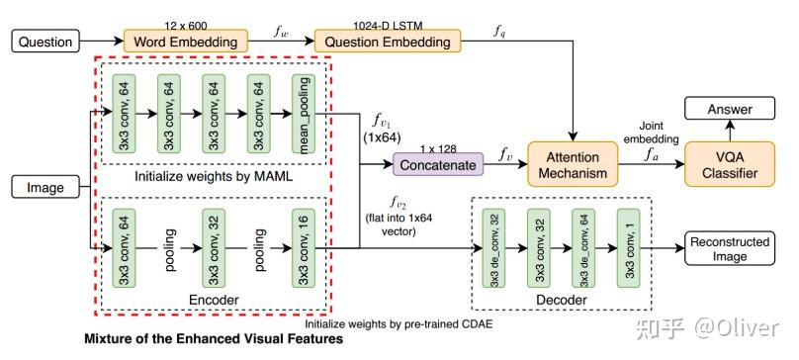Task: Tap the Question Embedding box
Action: tap(388, 42)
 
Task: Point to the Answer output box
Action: tap(733, 109)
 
